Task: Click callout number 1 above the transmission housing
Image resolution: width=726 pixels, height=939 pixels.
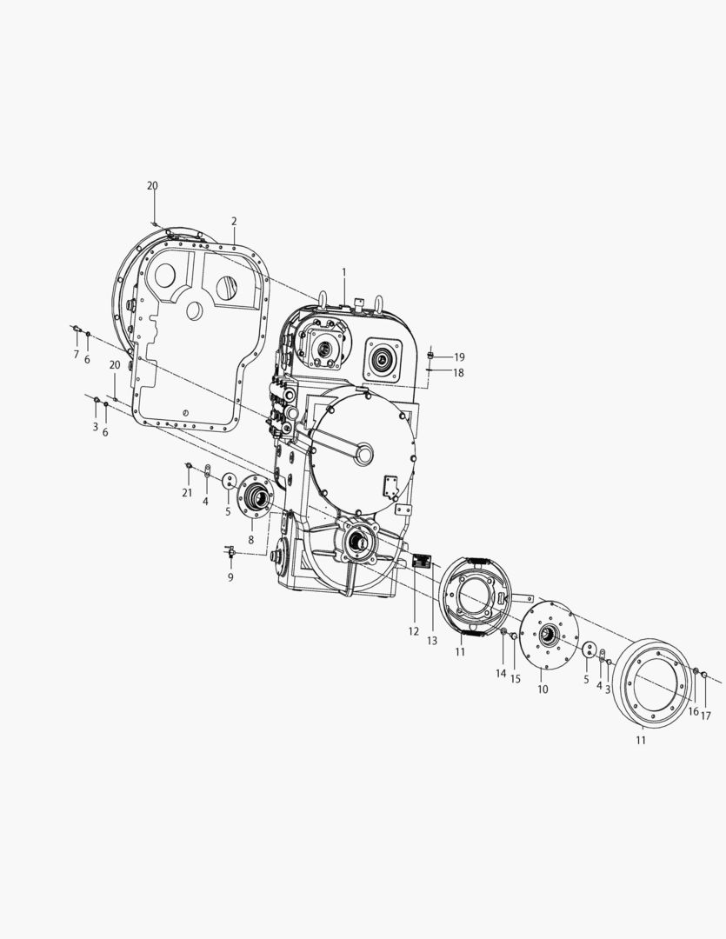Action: pos(344,272)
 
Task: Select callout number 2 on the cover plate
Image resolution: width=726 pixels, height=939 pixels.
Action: pos(234,221)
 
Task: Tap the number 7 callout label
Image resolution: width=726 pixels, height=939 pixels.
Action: pos(76,355)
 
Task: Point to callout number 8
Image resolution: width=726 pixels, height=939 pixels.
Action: pos(251,540)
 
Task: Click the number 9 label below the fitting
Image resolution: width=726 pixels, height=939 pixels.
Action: pos(230,577)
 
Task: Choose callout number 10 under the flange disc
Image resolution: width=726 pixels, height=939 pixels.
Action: pos(543,689)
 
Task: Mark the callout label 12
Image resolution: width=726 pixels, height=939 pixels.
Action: pos(414,631)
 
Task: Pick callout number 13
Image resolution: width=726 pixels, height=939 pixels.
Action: pos(432,641)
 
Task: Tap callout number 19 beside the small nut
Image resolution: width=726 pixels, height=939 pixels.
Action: pos(459,357)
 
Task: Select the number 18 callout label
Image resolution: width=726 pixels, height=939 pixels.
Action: pos(458,372)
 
